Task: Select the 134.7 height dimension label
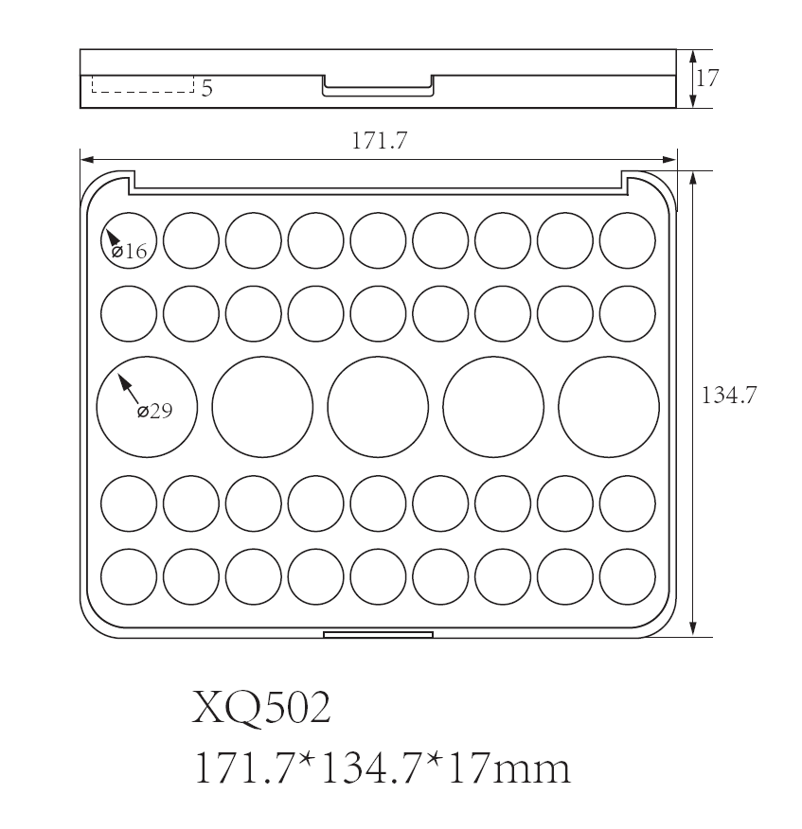click(x=727, y=395)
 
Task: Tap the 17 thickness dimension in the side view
click(x=706, y=78)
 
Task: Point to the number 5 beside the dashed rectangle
click(x=206, y=89)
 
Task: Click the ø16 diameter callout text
click(x=130, y=252)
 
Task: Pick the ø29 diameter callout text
click(x=154, y=412)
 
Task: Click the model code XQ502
click(x=261, y=709)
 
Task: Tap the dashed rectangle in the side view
click(x=142, y=84)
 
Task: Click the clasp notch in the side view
click(x=378, y=86)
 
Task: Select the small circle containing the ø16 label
click(x=129, y=240)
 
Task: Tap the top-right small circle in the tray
click(x=627, y=240)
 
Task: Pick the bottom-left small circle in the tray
click(x=129, y=575)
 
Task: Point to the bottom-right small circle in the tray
click(x=627, y=575)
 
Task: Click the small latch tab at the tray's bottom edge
click(x=378, y=634)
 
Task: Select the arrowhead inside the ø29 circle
click(x=122, y=381)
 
